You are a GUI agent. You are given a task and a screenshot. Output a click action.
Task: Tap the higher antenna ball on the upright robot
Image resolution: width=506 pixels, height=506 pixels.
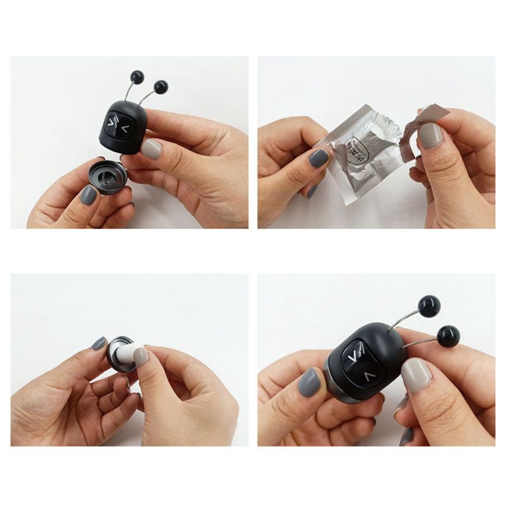[135, 78]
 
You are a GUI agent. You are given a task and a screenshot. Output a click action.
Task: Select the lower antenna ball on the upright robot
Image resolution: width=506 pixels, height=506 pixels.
[160, 84]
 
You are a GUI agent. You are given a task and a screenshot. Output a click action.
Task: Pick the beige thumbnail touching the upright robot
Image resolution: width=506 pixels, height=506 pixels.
[152, 149]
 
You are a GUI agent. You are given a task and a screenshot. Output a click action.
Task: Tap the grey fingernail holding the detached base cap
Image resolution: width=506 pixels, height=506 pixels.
[89, 194]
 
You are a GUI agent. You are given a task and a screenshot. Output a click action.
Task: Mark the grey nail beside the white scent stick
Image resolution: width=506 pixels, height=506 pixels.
[99, 343]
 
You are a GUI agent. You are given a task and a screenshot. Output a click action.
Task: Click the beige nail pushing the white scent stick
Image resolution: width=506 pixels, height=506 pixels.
[141, 357]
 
